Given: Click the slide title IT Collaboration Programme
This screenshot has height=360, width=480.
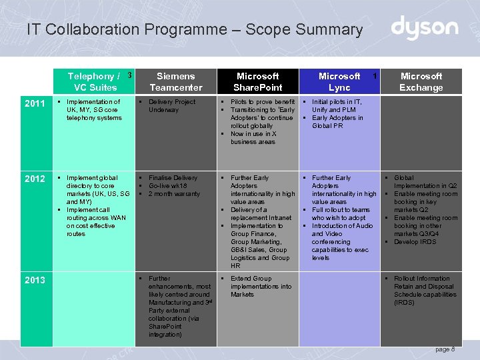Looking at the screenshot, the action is (x=195, y=29).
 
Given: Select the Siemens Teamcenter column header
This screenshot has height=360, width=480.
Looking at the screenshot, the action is (x=176, y=81).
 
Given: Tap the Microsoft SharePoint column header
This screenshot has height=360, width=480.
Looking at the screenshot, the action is (x=258, y=81).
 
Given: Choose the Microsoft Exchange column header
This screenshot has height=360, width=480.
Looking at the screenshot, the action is (x=421, y=81).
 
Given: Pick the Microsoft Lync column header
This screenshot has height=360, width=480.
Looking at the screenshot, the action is (x=339, y=81).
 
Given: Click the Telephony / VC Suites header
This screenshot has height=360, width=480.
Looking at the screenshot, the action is (x=95, y=81).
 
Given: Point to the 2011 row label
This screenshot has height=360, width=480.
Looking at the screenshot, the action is (x=35, y=103).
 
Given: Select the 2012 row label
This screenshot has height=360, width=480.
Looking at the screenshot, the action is (x=35, y=179).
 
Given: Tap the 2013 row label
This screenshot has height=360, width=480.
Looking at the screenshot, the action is (x=35, y=279).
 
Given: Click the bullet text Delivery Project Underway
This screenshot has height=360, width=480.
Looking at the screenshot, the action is (x=171, y=105).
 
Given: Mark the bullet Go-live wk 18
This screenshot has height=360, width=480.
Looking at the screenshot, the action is (x=167, y=185).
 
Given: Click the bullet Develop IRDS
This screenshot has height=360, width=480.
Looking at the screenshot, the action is (x=415, y=241).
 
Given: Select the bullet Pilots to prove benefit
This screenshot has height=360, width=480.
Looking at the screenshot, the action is (x=262, y=101).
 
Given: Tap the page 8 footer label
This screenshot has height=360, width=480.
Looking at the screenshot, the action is (x=445, y=349).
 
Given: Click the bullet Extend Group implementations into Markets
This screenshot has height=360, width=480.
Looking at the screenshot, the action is (x=261, y=286).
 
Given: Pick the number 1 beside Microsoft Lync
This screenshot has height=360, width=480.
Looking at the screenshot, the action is (x=375, y=76).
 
